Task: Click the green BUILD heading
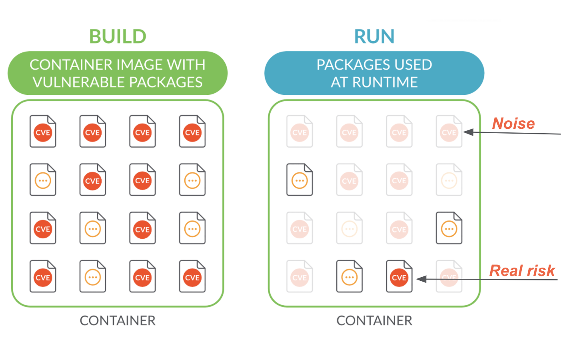click(118, 36)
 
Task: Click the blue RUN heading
click(374, 36)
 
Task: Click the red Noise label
click(513, 123)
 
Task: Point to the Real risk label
click(522, 271)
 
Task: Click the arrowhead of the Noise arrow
click(468, 132)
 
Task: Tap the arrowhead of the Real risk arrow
click(421, 279)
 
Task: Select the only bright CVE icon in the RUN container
click(399, 277)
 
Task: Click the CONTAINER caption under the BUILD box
click(118, 321)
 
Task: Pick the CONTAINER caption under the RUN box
click(374, 321)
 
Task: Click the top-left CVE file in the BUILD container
click(43, 132)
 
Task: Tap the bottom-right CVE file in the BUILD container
click(192, 277)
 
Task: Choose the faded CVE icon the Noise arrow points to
click(449, 132)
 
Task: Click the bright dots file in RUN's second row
click(299, 180)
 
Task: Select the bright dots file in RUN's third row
click(449, 228)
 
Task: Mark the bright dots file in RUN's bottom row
click(349, 277)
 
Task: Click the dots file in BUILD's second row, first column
click(43, 180)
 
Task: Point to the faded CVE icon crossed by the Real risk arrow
click(449, 277)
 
